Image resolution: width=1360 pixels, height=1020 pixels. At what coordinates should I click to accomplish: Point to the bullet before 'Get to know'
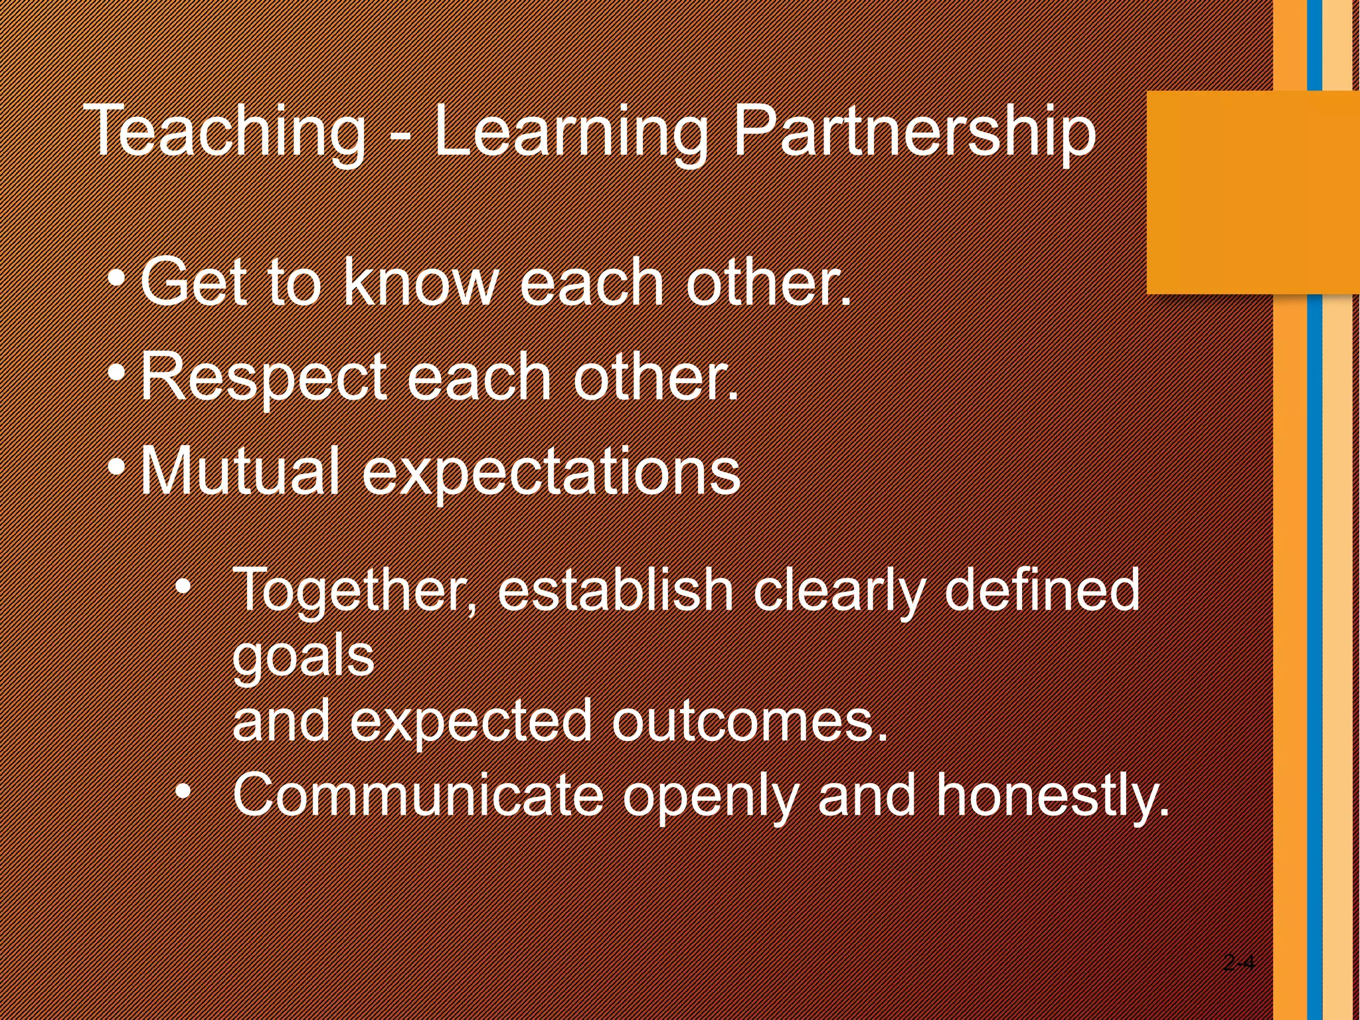[x=116, y=278]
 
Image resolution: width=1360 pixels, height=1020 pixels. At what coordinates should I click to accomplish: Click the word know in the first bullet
[x=420, y=283]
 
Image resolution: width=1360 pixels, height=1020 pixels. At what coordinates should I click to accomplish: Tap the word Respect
[x=263, y=377]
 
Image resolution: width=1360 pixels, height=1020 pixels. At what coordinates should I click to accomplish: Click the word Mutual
[x=240, y=470]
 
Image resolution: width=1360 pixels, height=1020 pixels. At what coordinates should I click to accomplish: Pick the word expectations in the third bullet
[x=551, y=473]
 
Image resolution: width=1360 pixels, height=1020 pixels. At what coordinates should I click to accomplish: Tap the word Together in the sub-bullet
[x=348, y=590]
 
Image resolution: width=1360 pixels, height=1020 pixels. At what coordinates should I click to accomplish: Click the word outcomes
[x=749, y=721]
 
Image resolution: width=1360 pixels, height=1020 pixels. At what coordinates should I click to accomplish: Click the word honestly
[x=1052, y=796]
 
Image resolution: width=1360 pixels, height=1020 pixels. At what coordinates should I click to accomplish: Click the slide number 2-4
[x=1238, y=962]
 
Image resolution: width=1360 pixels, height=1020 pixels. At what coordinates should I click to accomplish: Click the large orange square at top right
[x=1252, y=193]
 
